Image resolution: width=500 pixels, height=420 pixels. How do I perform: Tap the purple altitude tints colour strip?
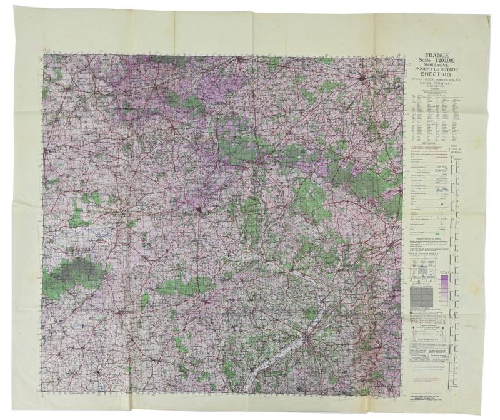[x=444, y=290]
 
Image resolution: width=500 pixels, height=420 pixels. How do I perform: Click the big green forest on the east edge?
[x=369, y=182]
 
